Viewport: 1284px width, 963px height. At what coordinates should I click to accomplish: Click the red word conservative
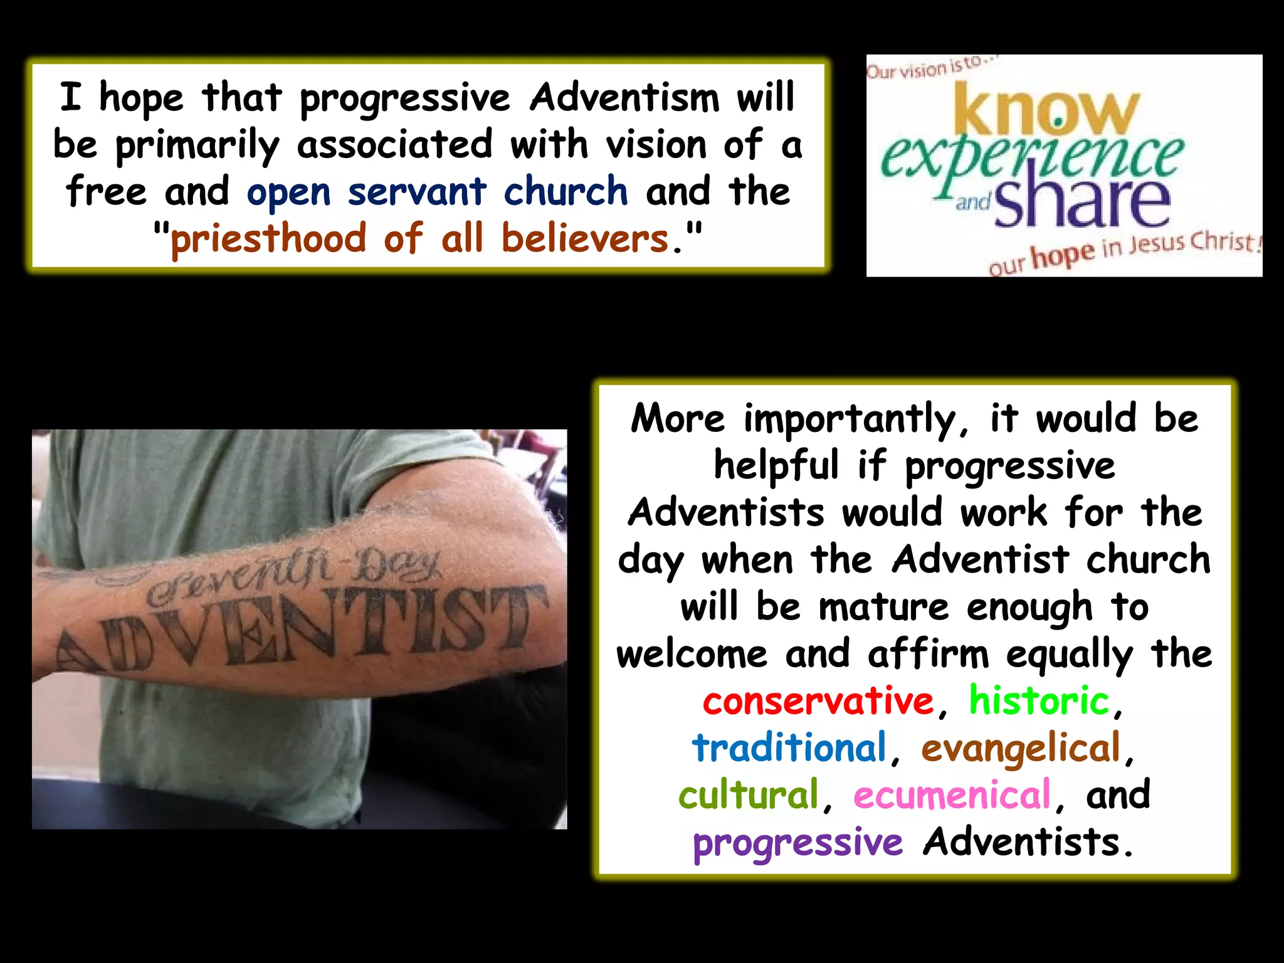818,701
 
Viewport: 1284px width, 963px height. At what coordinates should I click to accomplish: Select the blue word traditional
789,747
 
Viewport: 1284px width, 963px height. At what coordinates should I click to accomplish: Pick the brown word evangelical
1021,749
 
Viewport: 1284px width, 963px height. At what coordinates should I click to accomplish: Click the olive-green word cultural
749,794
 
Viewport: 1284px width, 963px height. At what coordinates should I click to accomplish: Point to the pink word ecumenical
952,794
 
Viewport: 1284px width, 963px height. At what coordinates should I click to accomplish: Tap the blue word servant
417,191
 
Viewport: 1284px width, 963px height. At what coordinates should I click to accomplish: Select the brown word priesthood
268,239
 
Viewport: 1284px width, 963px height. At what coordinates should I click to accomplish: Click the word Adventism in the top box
624,98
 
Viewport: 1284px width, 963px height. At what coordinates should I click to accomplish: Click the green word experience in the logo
1031,157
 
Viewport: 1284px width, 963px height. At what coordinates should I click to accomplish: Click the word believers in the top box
585,239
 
